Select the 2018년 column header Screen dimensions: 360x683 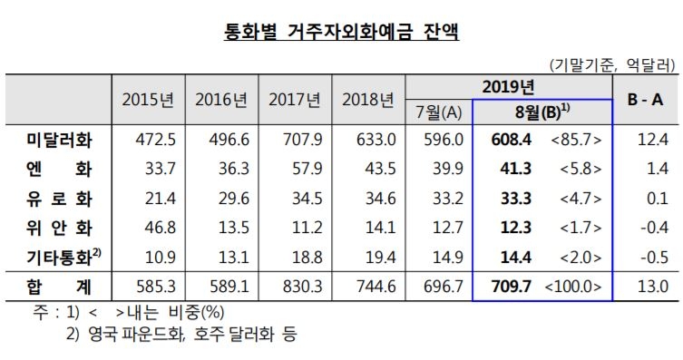pyautogui.click(x=368, y=99)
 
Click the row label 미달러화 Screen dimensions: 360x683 pyautogui.click(x=58, y=141)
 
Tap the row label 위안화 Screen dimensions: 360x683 pyautogui.click(x=58, y=227)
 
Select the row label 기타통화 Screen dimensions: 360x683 pyautogui.click(x=58, y=256)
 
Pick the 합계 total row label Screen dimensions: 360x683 pyautogui.click(x=58, y=287)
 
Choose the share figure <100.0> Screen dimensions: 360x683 pyautogui.click(x=576, y=287)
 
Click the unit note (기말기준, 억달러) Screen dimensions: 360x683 pyautogui.click(x=612, y=65)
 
